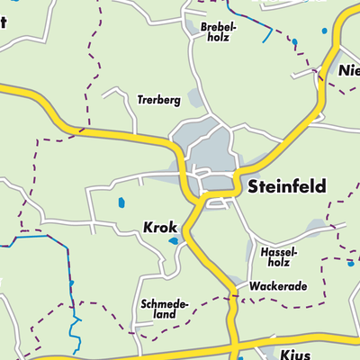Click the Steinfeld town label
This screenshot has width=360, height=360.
point(284,187)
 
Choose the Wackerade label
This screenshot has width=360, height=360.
point(278,286)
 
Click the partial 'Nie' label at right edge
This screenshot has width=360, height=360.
point(348,71)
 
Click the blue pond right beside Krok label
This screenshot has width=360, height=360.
point(173,241)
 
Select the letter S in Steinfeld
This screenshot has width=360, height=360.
point(252,187)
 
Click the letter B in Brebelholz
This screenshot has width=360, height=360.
point(204,26)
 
